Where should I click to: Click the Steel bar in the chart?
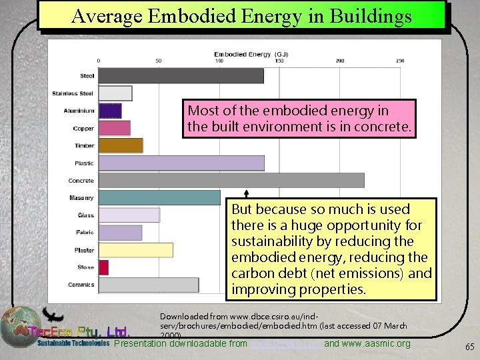tap(181, 76)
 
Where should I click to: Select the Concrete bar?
tap(231, 180)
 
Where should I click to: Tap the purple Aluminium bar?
tap(110, 111)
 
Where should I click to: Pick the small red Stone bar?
tap(103, 267)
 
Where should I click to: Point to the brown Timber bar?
tap(121, 145)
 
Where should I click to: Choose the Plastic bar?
tap(181, 163)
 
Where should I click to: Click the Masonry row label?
tap(81, 198)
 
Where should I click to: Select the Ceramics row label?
tap(81, 285)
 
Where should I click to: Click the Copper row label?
tap(84, 128)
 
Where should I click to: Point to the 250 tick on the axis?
tap(400, 61)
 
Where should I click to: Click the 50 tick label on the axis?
tap(159, 61)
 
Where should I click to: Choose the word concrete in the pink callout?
tap(385, 126)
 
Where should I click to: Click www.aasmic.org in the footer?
tap(377, 343)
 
